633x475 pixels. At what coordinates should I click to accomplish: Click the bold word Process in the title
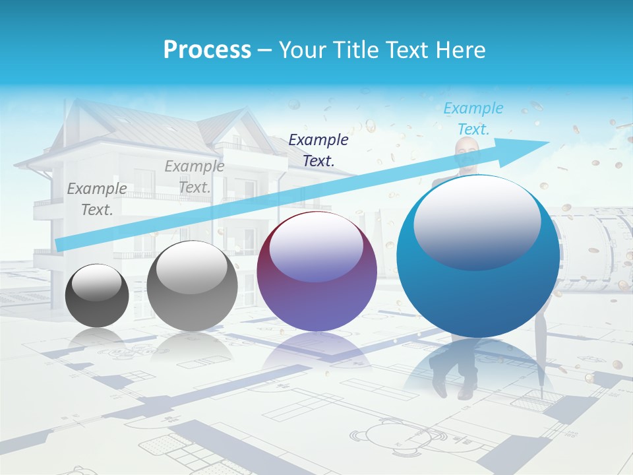207,50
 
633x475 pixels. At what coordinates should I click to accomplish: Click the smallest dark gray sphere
98,296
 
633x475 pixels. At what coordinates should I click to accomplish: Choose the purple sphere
316,272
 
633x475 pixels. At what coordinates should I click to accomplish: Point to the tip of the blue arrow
549,142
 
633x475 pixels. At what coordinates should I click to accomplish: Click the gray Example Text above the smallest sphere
97,199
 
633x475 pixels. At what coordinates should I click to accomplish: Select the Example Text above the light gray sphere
195,177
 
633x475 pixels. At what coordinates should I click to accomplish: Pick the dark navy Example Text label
318,150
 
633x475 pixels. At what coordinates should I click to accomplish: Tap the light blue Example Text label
473,118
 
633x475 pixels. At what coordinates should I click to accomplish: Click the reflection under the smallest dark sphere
98,338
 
